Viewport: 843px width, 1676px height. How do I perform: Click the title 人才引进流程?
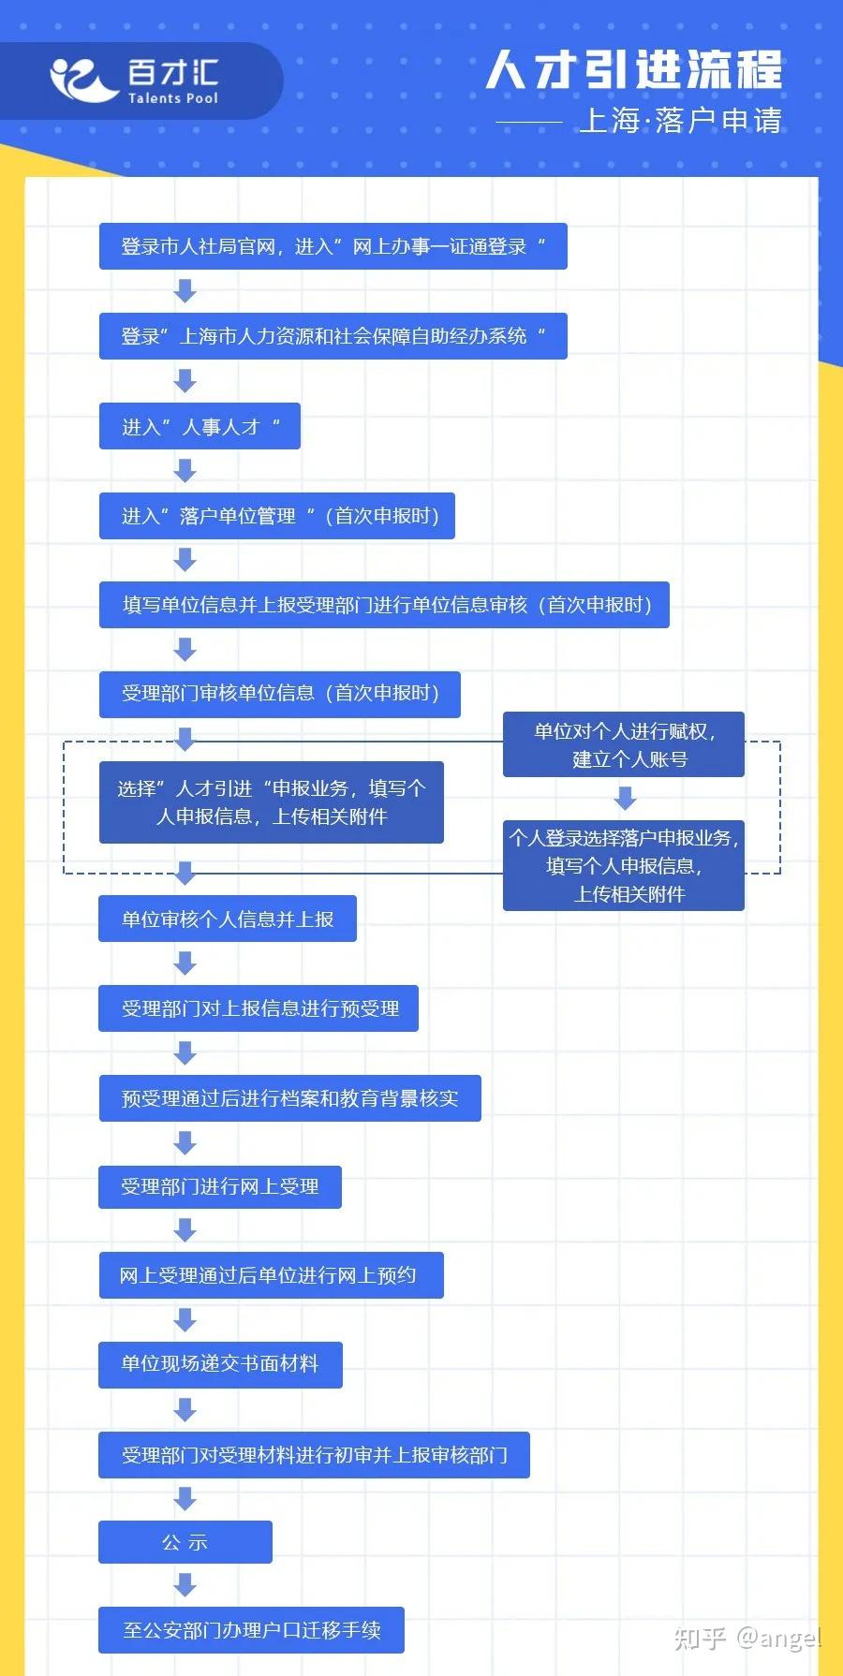pyautogui.click(x=634, y=70)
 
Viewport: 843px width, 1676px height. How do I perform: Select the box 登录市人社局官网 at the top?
pyautogui.click(x=333, y=246)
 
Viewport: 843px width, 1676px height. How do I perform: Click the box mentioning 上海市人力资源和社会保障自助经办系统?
pyautogui.click(x=333, y=336)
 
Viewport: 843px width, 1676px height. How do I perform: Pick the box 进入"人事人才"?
pyautogui.click(x=200, y=426)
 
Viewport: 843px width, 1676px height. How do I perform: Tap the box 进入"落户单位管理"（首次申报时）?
pyautogui.click(x=277, y=516)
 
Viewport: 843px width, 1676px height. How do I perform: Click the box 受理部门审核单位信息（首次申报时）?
pyautogui.click(x=280, y=694)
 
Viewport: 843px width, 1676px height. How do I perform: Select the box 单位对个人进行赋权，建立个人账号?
pyautogui.click(x=624, y=744)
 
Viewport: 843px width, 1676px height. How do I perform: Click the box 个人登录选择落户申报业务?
pyautogui.click(x=624, y=866)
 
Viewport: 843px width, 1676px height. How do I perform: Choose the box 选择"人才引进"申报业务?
pyautogui.click(x=272, y=802)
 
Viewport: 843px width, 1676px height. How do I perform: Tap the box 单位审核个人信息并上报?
pyautogui.click(x=228, y=919)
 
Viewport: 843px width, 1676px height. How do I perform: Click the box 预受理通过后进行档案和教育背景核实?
pyautogui.click(x=290, y=1098)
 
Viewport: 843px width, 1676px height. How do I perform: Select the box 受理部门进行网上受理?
pyautogui.click(x=220, y=1186)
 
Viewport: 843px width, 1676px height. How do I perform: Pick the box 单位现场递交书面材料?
pyautogui.click(x=220, y=1364)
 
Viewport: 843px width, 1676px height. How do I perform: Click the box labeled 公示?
pyautogui.click(x=185, y=1542)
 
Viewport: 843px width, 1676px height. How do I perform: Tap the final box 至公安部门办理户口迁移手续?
pyautogui.click(x=252, y=1630)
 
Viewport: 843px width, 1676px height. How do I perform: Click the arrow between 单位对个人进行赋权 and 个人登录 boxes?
pyautogui.click(x=625, y=798)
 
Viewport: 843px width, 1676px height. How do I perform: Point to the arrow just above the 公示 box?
pyautogui.click(x=185, y=1499)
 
